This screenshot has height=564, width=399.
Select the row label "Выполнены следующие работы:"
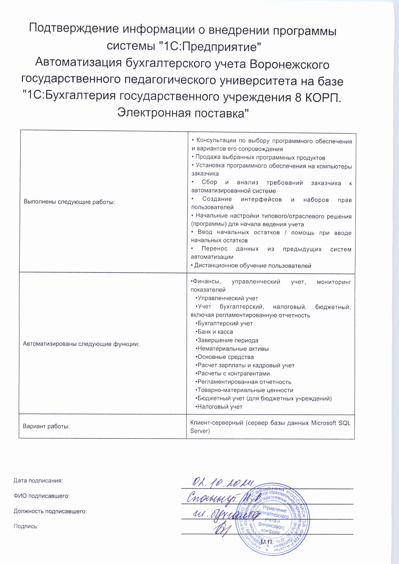coord(70,202)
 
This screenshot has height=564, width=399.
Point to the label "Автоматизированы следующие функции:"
coord(81,344)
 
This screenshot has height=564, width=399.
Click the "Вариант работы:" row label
coord(46,427)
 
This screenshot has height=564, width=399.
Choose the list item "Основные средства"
coord(225,357)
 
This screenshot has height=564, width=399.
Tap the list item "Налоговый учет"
coord(219,407)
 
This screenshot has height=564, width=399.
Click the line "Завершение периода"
coord(227,340)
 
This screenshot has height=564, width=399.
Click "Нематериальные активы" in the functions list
coord(233,348)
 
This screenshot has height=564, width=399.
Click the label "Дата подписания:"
coord(38,481)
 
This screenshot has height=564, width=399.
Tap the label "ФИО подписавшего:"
coord(42,496)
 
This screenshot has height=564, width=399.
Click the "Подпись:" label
coord(26,526)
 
